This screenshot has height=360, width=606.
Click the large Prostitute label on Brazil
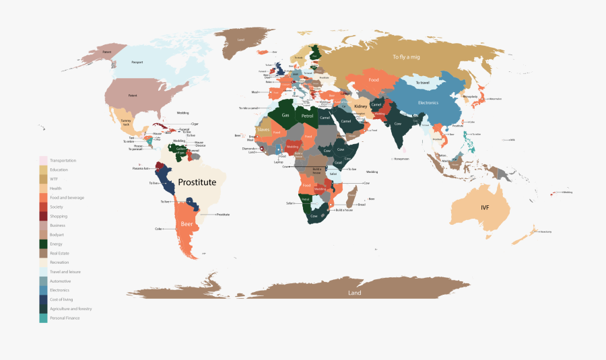[197, 182]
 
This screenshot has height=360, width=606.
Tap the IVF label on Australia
[485, 207]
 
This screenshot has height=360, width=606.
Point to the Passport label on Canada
[137, 63]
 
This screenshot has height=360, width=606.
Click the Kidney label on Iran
[361, 106]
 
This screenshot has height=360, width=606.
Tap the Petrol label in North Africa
[308, 116]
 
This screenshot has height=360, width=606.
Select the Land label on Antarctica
[354, 293]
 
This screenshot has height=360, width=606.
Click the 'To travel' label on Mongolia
[422, 83]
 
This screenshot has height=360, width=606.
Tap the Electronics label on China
[428, 102]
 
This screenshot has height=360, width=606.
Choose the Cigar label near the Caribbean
[195, 124]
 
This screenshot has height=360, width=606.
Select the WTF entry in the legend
[54, 179]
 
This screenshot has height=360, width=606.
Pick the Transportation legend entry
[63, 160]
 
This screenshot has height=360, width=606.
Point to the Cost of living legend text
[62, 299]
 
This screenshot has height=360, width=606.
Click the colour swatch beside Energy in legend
[43, 244]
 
